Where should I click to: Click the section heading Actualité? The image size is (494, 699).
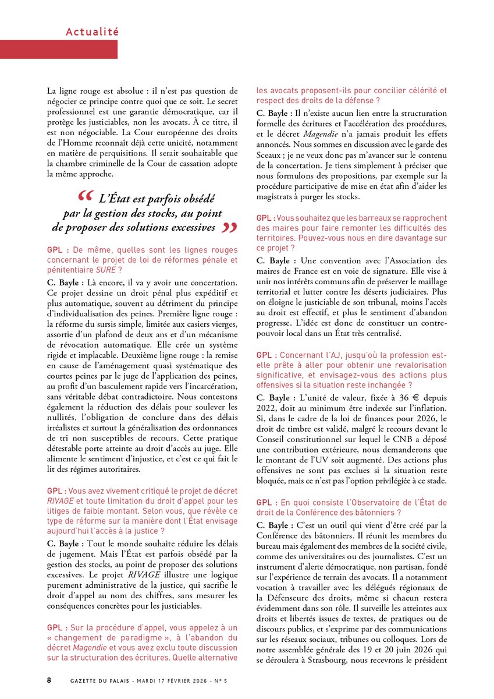point(92,31)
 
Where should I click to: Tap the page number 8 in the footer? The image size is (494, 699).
point(49,680)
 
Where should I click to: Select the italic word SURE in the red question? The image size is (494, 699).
point(105,270)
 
